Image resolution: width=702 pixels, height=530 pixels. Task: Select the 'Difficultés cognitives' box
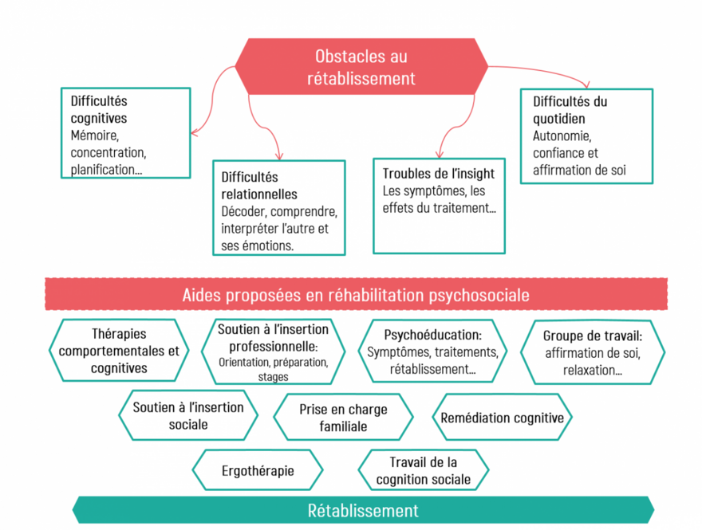pyautogui.click(x=126, y=132)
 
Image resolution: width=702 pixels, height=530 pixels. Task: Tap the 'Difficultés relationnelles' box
pyautogui.click(x=278, y=207)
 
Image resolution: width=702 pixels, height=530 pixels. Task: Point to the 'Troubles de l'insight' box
pyautogui.click(x=439, y=206)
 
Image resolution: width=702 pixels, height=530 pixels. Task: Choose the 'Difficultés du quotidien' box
pyautogui.click(x=586, y=135)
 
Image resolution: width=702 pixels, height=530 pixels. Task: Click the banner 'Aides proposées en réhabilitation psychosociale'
pyautogui.click(x=355, y=295)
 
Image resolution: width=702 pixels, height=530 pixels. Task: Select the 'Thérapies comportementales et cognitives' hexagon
pyautogui.click(x=119, y=351)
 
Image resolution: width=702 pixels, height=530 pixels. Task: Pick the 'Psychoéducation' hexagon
pyautogui.click(x=432, y=351)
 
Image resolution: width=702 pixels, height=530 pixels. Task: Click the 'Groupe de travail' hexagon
pyautogui.click(x=592, y=351)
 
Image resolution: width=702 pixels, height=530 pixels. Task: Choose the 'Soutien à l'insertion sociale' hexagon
pyautogui.click(x=188, y=415)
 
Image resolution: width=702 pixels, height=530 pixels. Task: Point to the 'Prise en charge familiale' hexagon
pyautogui.click(x=343, y=417)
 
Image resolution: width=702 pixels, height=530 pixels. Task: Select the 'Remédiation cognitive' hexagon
pyautogui.click(x=502, y=418)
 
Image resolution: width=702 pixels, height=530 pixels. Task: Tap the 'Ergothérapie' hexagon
pyautogui.click(x=258, y=470)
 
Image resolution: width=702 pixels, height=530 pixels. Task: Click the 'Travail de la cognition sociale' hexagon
pyautogui.click(x=423, y=470)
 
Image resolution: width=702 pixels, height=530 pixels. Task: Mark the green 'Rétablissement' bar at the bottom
pyautogui.click(x=363, y=510)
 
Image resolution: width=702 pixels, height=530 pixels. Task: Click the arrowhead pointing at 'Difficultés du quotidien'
pyautogui.click(x=587, y=84)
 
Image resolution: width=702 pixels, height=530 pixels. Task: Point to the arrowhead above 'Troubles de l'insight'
pyautogui.click(x=438, y=154)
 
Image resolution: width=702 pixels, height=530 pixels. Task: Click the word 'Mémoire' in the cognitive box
pyautogui.click(x=94, y=135)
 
